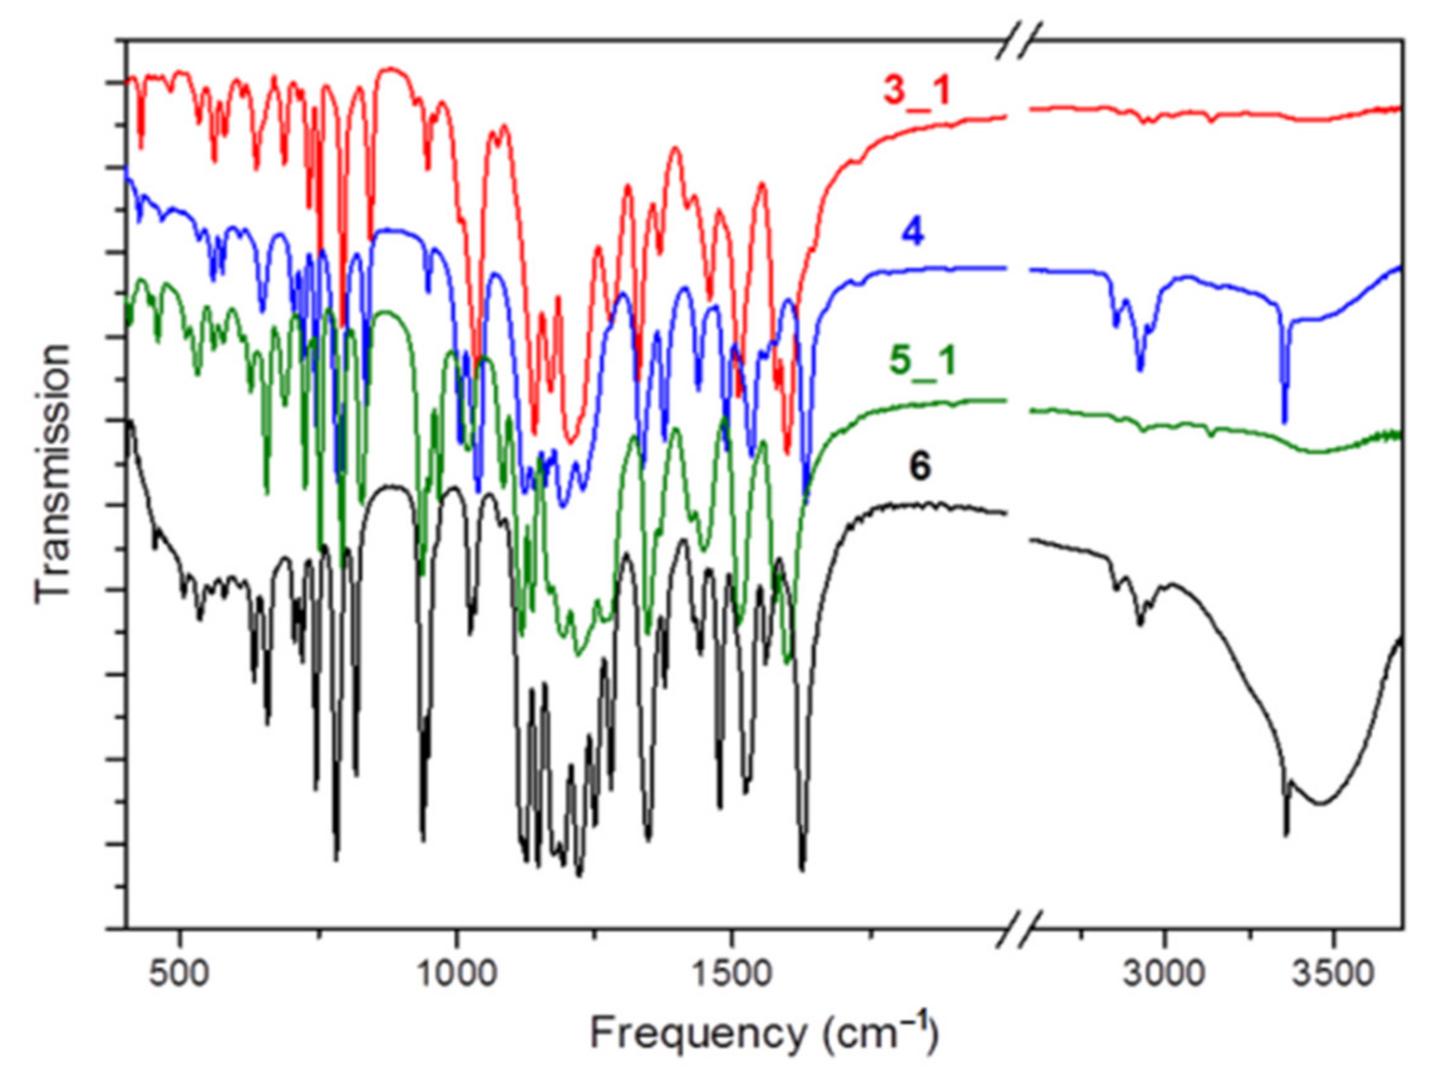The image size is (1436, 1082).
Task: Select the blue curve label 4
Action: tap(913, 232)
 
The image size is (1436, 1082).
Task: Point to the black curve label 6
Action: tap(920, 466)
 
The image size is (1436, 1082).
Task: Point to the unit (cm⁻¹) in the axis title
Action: tap(880, 1032)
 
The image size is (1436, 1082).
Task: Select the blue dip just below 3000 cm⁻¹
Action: tap(1141, 369)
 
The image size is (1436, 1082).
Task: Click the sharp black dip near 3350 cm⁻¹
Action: tap(1286, 834)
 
